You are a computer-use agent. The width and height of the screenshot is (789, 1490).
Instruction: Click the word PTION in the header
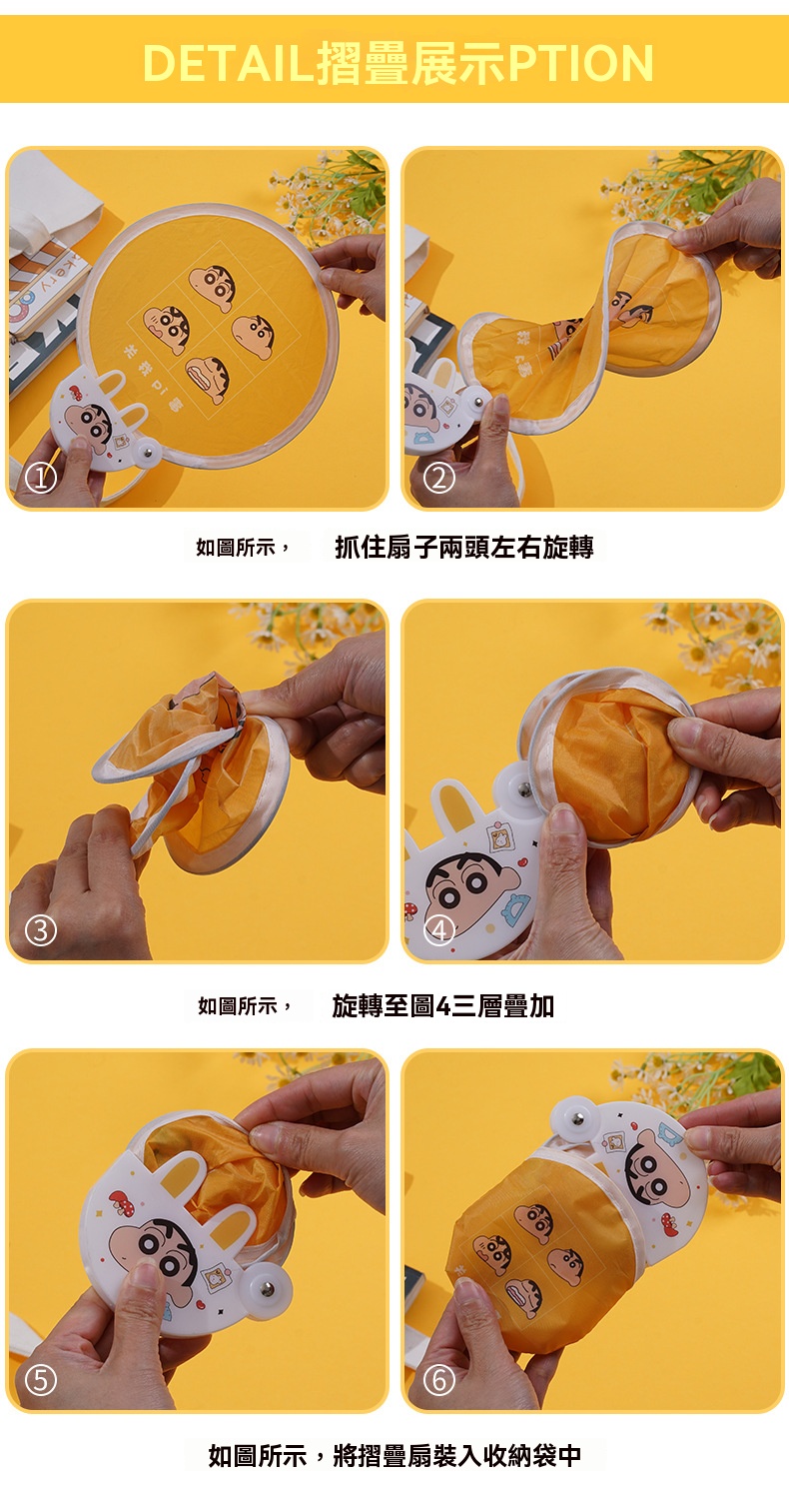(x=580, y=63)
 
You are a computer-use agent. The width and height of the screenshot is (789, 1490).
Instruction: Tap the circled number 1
(x=41, y=478)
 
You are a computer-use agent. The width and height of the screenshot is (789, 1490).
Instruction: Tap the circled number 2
(x=438, y=478)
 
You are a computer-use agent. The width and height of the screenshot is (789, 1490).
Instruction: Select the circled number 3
(x=41, y=930)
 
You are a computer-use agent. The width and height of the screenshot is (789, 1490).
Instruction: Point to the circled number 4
(x=438, y=930)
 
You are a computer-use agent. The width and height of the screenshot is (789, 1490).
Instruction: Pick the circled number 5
(x=41, y=1380)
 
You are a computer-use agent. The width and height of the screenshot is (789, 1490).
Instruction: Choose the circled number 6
(x=438, y=1380)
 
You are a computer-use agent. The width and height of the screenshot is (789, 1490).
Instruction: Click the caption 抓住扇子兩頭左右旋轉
(x=464, y=547)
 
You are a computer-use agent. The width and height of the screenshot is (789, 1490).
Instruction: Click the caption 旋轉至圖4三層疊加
(x=442, y=1005)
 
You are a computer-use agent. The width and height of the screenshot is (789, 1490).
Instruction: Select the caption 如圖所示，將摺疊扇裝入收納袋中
(x=394, y=1455)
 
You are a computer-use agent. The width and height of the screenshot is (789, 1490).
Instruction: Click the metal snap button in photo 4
(x=524, y=789)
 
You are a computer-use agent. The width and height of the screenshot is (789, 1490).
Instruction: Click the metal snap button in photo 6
(x=577, y=1119)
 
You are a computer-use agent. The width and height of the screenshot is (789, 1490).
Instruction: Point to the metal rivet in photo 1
(x=148, y=453)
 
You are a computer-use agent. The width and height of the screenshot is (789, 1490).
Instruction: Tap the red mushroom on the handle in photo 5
(x=121, y=1200)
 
